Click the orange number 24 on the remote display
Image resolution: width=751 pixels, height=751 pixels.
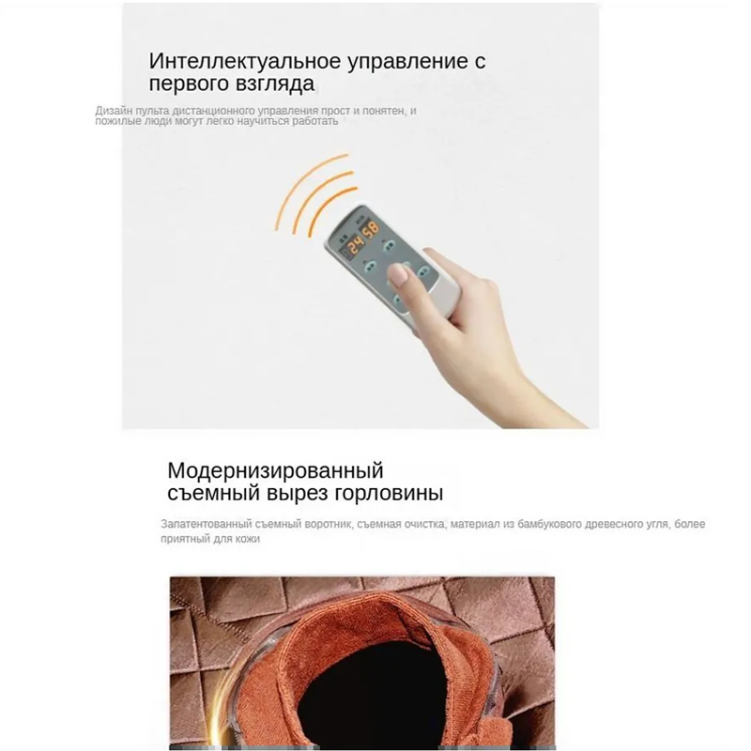[x=357, y=246]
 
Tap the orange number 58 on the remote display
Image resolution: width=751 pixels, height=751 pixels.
[x=370, y=229]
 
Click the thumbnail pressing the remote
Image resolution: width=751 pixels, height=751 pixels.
[x=399, y=275]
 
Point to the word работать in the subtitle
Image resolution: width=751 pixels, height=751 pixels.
[x=314, y=121]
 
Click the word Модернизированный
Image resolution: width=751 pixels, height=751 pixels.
[x=275, y=471]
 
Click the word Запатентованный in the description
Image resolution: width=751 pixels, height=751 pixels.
[x=206, y=524]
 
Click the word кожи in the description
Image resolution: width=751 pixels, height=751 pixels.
[x=248, y=539]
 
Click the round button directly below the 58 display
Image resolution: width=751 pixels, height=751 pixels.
[x=388, y=247]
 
